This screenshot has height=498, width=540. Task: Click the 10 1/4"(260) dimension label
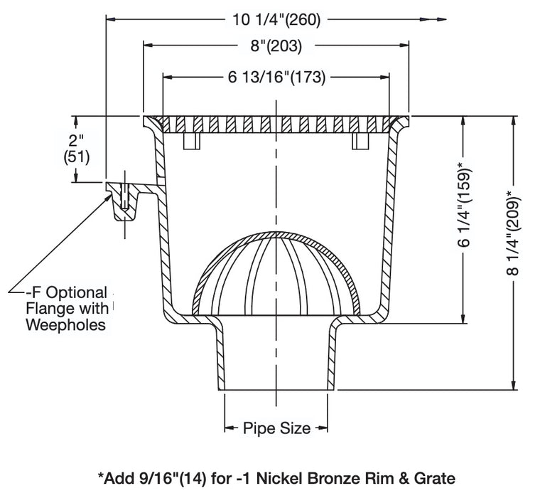pos(277,20)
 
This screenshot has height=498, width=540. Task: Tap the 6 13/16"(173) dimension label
pos(276,78)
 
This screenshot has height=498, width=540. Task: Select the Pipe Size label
pos(276,428)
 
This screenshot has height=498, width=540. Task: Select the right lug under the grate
pos(360,142)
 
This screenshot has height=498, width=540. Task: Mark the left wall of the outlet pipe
pos(221,356)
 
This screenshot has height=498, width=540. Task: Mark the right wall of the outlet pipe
pos(333,356)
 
